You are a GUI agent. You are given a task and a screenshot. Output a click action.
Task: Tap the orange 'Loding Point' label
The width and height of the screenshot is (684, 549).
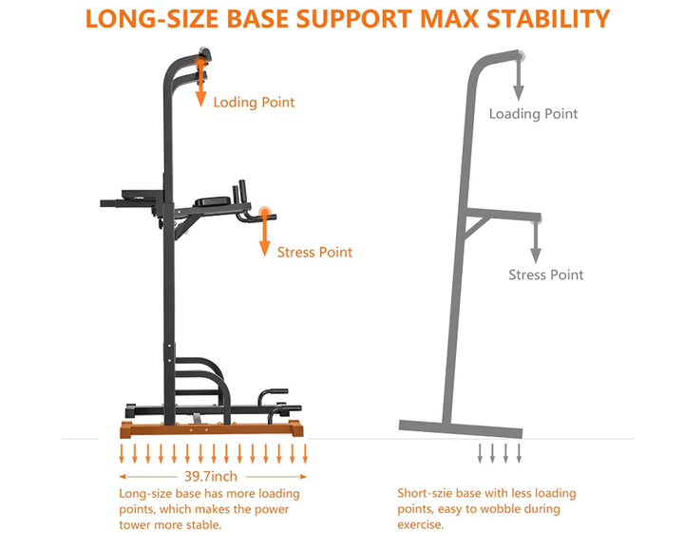254,102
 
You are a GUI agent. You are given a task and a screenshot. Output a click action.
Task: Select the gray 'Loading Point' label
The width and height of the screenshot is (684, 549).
533,113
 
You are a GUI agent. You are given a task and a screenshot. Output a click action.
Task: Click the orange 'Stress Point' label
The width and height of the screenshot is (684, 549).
314,252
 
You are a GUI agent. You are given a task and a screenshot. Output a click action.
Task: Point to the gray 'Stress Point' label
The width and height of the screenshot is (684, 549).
546,274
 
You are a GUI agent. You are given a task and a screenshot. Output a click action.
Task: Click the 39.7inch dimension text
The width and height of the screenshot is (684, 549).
212,476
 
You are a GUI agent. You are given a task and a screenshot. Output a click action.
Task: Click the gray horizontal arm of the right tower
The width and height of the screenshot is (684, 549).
503,216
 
